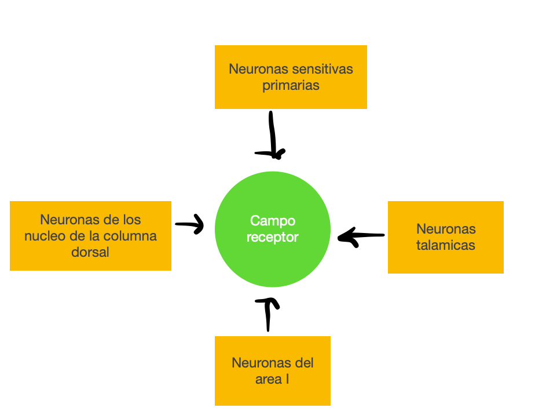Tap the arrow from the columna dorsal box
point(190,224)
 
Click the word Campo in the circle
point(273,221)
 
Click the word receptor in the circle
point(273,237)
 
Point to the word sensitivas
point(323,70)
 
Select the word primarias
point(291,86)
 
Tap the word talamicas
point(446,245)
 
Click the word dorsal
point(90,252)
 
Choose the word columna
point(132,236)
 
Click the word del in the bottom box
point(304,363)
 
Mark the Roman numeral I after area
point(288,380)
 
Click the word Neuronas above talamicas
point(446,230)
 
